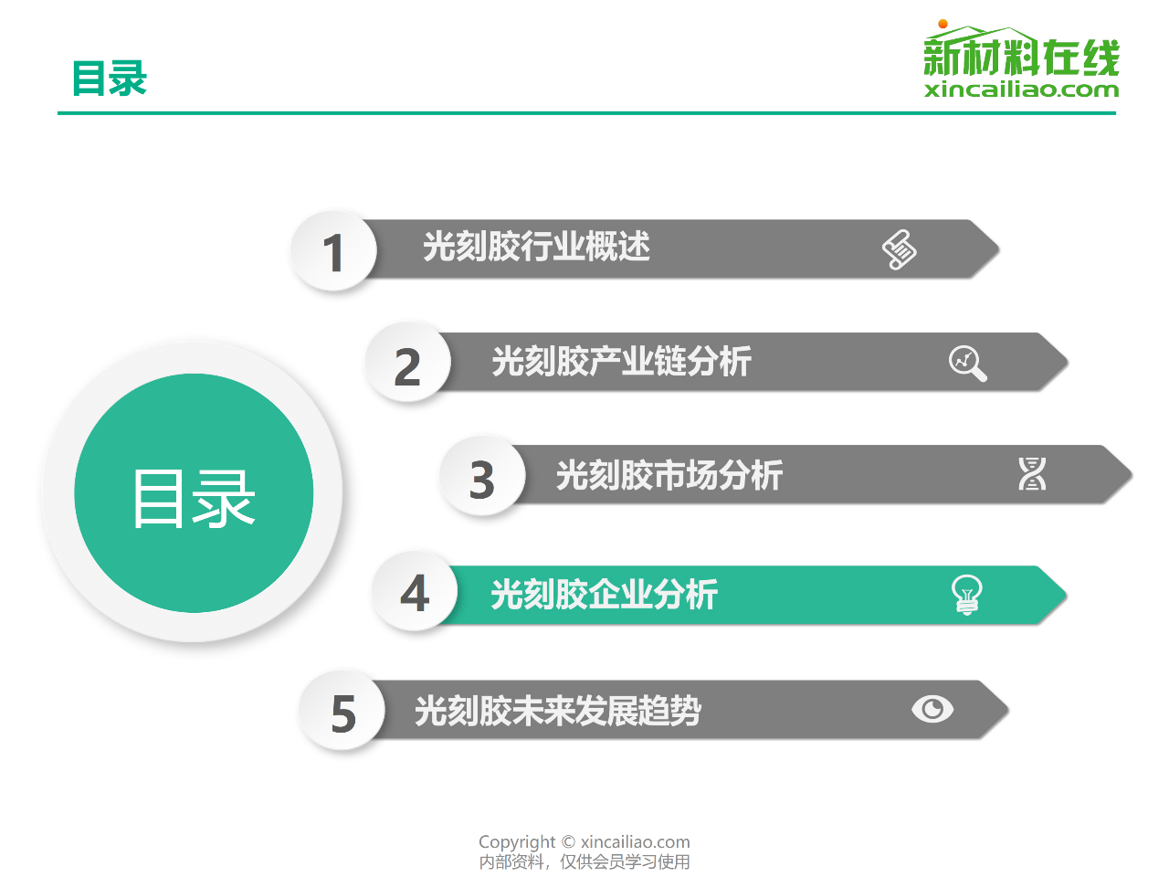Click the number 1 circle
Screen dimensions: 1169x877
(x=333, y=250)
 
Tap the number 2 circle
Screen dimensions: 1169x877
(x=408, y=363)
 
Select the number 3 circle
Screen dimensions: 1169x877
(x=482, y=476)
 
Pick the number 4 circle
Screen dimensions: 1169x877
(x=415, y=591)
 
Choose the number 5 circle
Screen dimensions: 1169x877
(x=342, y=711)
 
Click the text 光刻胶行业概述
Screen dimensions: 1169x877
(x=536, y=247)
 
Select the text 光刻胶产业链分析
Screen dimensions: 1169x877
(x=622, y=361)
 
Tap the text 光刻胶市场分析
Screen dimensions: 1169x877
(x=669, y=474)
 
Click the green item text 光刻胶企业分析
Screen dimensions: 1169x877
(x=604, y=594)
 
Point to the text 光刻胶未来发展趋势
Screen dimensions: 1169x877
(x=558, y=711)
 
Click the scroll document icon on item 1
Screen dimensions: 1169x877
(x=899, y=249)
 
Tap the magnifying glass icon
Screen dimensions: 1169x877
(x=968, y=364)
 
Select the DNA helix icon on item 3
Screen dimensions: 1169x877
(x=1032, y=473)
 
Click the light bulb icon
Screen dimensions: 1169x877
(x=966, y=595)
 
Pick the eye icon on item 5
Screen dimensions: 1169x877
(x=932, y=709)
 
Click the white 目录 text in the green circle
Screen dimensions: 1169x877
(x=194, y=499)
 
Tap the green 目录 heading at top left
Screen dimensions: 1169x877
(x=110, y=79)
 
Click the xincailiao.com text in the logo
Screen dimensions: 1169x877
(x=1021, y=90)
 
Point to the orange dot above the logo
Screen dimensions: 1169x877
(x=943, y=24)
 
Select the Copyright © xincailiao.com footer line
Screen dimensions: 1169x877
(x=584, y=842)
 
